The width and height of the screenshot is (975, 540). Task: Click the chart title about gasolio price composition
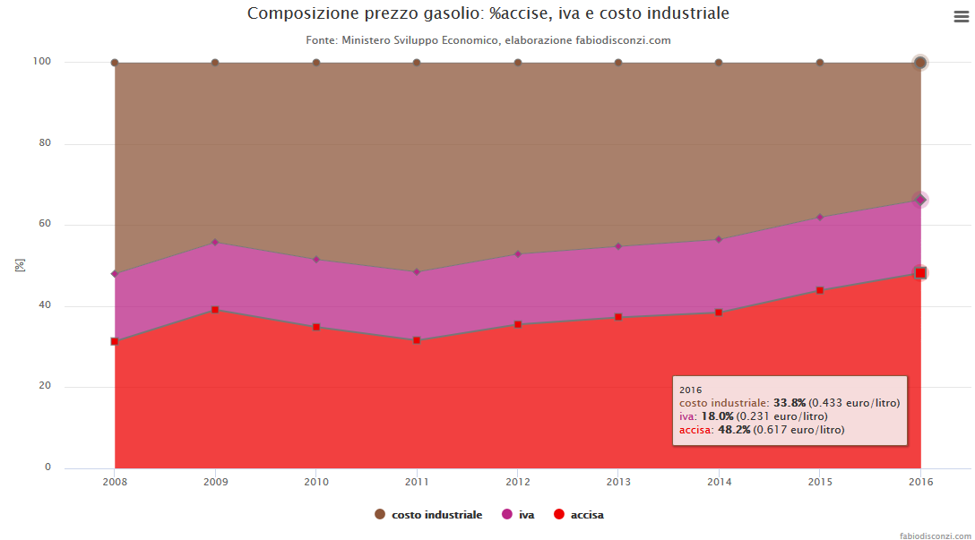(487, 14)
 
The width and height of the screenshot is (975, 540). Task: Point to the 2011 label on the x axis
(416, 482)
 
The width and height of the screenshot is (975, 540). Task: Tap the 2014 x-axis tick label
(719, 482)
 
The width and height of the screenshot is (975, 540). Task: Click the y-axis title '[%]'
(20, 265)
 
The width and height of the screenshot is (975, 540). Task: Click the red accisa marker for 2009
(215, 310)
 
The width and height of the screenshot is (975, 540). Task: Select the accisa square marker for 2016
(920, 273)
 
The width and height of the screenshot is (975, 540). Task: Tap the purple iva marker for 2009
(215, 242)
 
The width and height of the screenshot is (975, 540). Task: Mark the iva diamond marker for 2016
(920, 200)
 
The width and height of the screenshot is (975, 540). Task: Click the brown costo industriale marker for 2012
(518, 63)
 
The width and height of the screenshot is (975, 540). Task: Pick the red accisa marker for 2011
(417, 340)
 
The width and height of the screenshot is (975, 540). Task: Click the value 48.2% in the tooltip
(734, 430)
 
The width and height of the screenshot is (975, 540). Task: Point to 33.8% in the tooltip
(789, 403)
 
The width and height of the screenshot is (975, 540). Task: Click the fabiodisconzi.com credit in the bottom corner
(936, 534)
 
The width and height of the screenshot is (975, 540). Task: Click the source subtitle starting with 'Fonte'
(487, 40)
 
